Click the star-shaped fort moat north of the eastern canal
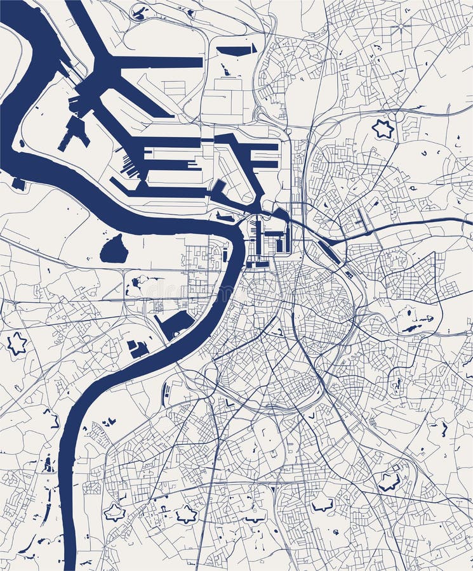coord(383,129)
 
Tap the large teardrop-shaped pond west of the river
coord(114,249)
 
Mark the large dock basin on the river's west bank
coord(175,324)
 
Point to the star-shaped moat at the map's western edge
coord(17,343)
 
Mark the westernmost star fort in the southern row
coord(114,511)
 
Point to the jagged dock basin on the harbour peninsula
coord(75,131)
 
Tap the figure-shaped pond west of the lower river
coord(48,464)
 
